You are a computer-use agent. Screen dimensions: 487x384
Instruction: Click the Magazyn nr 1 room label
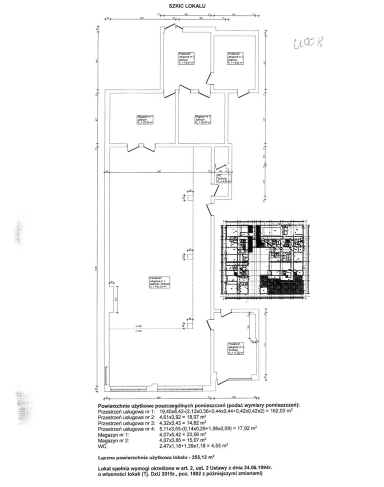[144, 120]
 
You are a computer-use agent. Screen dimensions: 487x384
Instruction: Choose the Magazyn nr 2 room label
[202, 120]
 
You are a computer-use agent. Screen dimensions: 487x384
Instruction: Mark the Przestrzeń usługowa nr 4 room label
[235, 348]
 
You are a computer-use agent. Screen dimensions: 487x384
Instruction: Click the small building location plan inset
[263, 260]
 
